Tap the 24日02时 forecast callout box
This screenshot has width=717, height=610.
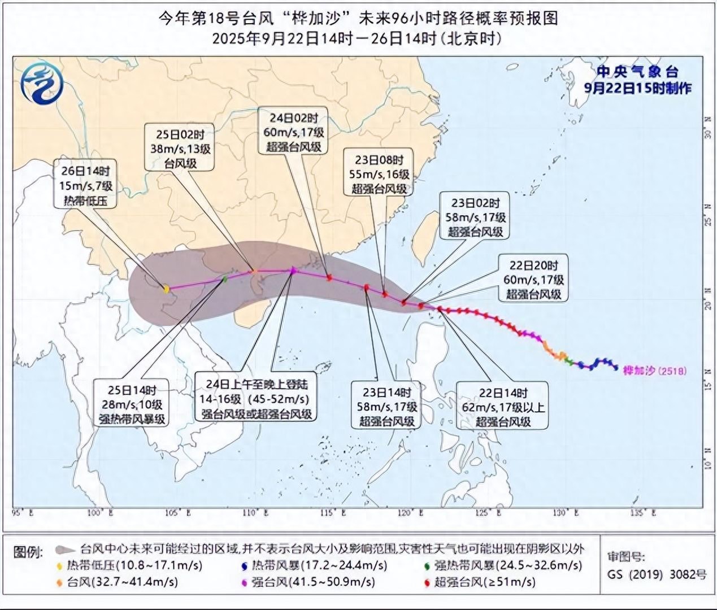click(x=293, y=132)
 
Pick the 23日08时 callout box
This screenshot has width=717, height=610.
click(x=379, y=174)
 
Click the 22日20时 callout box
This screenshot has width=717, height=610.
click(x=533, y=279)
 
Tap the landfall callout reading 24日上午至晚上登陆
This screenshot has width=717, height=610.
click(x=256, y=399)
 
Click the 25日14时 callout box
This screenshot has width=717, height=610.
click(x=132, y=404)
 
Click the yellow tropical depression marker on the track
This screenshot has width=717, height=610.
click(x=166, y=289)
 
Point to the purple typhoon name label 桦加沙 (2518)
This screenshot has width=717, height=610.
click(x=654, y=371)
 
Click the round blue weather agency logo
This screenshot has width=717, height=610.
click(x=42, y=83)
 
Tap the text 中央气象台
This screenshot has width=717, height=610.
click(x=637, y=72)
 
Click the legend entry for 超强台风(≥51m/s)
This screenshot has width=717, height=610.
click(x=480, y=582)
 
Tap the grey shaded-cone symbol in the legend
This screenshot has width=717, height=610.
click(x=65, y=549)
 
